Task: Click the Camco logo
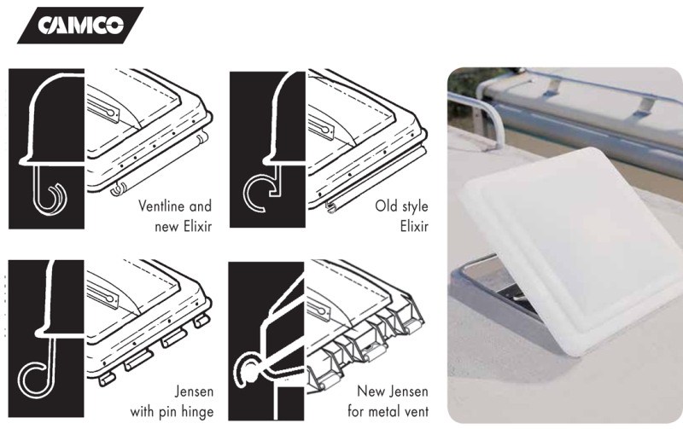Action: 80,25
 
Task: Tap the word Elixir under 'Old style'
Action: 414,226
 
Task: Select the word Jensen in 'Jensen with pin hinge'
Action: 195,391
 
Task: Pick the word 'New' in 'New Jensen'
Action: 368,391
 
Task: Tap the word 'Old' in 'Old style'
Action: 386,206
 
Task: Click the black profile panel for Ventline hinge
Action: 46,148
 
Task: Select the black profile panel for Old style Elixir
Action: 267,149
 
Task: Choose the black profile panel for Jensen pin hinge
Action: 46,339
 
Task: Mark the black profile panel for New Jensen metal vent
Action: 266,340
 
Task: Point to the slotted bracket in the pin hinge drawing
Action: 102,294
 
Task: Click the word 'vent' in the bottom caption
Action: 416,412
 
